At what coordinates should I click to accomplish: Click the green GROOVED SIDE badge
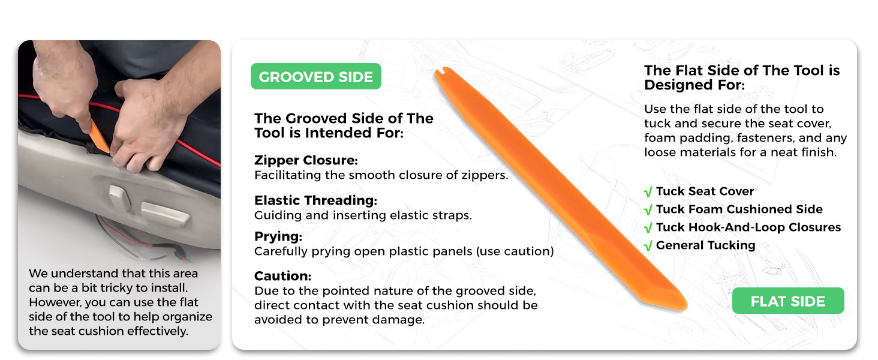[316, 76]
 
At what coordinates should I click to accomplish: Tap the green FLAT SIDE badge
[788, 301]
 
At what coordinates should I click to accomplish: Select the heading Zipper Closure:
[306, 160]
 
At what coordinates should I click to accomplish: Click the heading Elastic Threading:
[315, 200]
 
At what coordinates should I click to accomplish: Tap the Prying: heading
[278, 236]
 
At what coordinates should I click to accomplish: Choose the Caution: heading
[282, 276]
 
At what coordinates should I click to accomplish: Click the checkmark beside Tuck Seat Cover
[648, 192]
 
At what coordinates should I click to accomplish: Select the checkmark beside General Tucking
[648, 246]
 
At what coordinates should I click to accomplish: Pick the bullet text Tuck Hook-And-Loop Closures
[748, 227]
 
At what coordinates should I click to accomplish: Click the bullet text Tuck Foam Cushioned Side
[739, 209]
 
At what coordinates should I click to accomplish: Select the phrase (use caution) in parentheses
[515, 251]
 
